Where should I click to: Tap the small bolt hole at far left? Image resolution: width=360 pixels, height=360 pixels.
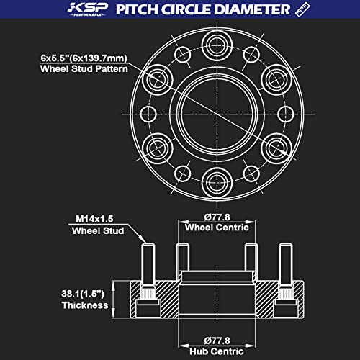[x=148, y=113]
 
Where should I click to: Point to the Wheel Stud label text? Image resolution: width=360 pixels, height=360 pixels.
[x=97, y=231]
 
